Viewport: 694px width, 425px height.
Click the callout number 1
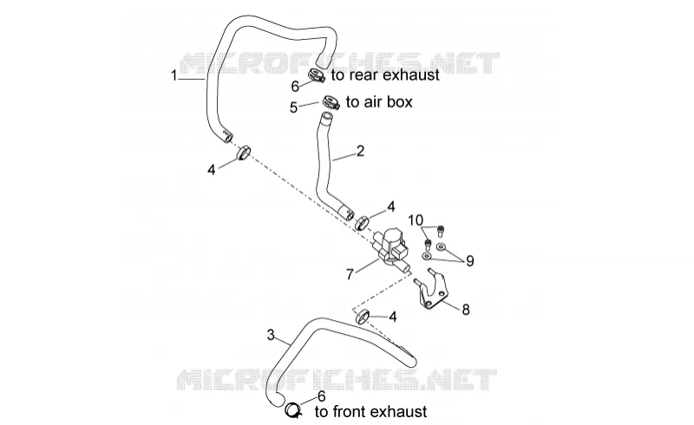pos(174,75)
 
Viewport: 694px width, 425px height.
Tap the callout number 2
pos(360,151)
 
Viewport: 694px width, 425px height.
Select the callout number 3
pos(271,335)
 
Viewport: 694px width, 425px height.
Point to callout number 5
pos(293,108)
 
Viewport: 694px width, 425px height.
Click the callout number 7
pos(350,274)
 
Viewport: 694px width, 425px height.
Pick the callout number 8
pos(466,310)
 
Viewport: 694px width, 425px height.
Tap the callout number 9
pos(469,261)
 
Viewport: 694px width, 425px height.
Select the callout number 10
pos(416,220)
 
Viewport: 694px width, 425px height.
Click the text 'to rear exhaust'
pos(385,75)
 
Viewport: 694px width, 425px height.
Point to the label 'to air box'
pos(379,102)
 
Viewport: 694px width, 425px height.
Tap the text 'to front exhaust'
pos(371,412)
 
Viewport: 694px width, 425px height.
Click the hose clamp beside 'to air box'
pos(331,102)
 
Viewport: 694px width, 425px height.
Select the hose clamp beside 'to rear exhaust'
pos(317,75)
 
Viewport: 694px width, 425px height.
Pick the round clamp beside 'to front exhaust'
pos(292,410)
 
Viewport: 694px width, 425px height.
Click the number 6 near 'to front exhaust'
pos(321,396)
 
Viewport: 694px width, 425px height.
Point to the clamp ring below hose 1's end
pos(243,153)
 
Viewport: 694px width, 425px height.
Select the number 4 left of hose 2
pos(212,169)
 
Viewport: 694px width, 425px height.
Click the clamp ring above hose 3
pos(363,317)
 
